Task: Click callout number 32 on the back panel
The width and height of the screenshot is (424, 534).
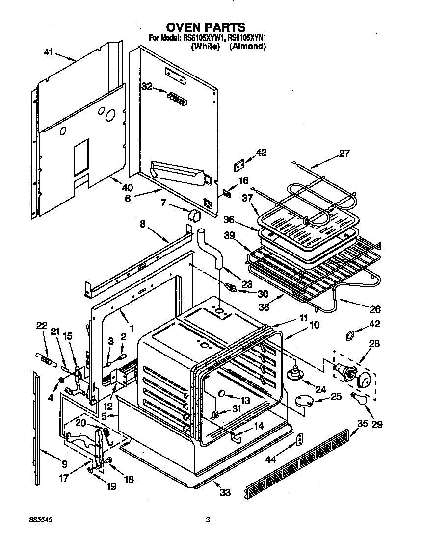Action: (x=146, y=86)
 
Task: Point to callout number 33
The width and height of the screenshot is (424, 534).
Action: (x=224, y=492)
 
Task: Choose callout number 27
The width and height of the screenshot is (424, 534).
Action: (x=344, y=153)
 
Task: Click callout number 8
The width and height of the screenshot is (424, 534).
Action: (x=143, y=224)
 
